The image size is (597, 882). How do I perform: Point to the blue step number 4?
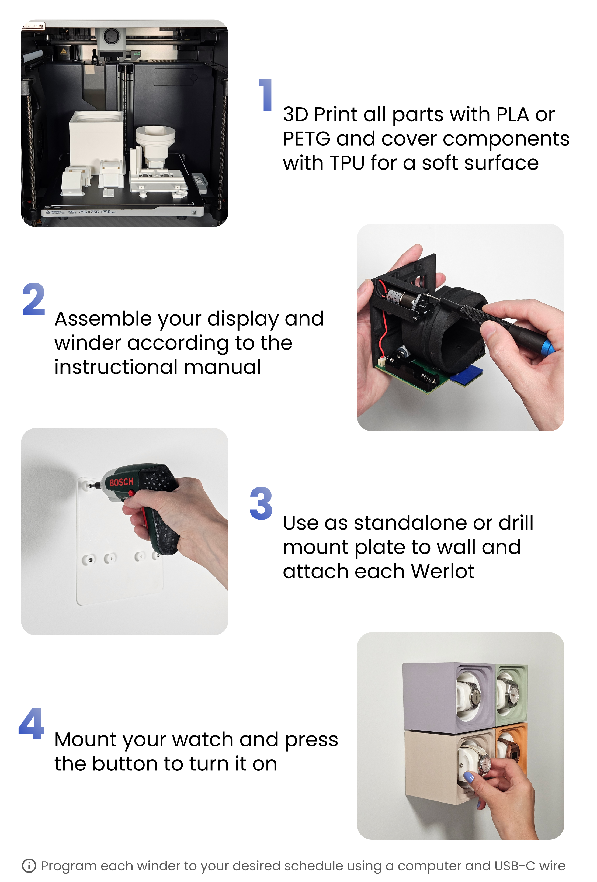[32, 724]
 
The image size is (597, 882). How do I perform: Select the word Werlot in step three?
[443, 571]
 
